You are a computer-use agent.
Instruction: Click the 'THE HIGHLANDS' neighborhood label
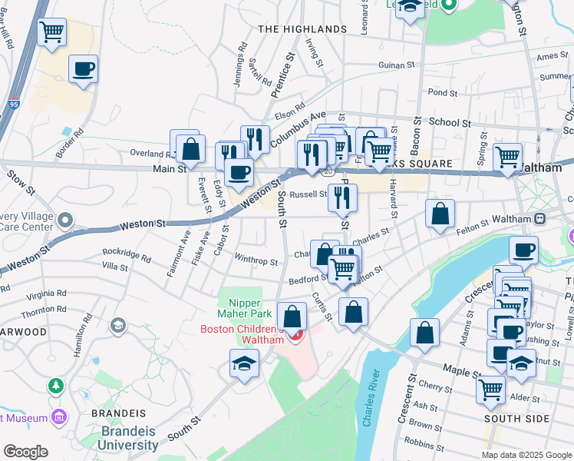click(302, 29)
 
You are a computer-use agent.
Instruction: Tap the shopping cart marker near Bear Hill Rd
click(52, 33)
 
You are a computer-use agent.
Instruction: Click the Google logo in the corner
click(25, 452)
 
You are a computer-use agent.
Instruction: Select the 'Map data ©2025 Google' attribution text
click(526, 455)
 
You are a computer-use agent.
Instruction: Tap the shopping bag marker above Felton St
click(440, 214)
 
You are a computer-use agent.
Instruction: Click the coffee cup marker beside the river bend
click(523, 250)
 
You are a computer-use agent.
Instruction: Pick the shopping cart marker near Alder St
click(490, 389)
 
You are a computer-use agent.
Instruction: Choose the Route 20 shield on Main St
click(328, 171)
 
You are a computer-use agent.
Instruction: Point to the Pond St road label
click(442, 93)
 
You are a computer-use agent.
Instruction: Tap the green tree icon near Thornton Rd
click(55, 384)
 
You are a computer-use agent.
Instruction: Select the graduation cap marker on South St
click(245, 364)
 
